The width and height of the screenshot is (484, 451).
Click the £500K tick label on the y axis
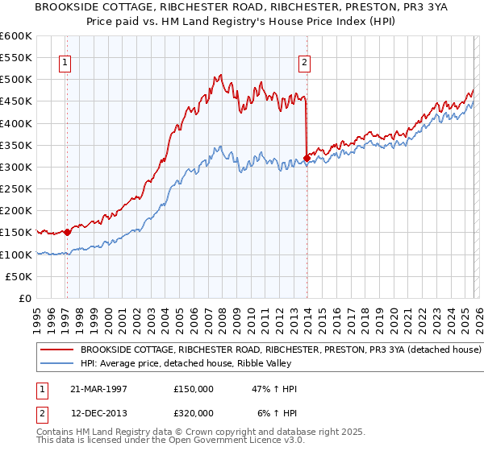tap(16, 80)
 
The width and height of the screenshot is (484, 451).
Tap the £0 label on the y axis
tap(24, 299)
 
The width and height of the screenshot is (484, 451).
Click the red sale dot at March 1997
tap(67, 233)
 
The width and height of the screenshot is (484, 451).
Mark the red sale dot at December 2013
tap(307, 158)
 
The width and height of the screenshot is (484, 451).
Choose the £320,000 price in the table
tap(193, 413)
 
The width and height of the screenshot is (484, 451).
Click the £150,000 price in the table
tap(193, 389)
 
